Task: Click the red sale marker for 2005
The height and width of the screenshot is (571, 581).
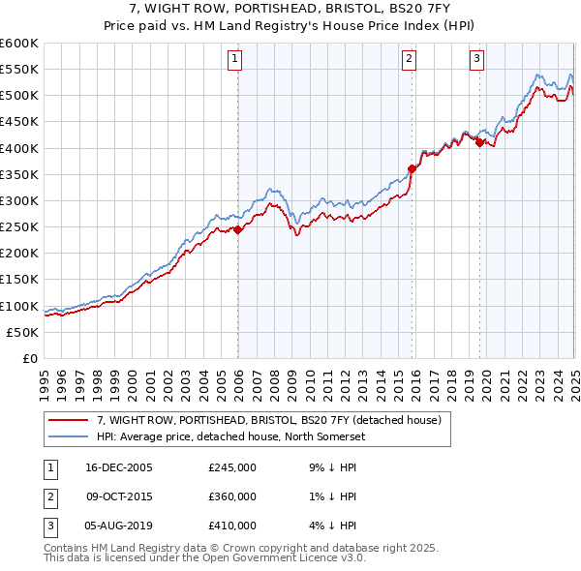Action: click(x=237, y=229)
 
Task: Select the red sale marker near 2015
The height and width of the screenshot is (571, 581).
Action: click(x=412, y=168)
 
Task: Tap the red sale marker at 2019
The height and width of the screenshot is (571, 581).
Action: click(x=479, y=142)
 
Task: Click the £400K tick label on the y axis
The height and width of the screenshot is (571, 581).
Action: click(x=19, y=148)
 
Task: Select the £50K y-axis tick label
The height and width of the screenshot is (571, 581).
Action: click(x=23, y=332)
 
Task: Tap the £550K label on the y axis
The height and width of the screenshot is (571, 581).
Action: click(x=19, y=70)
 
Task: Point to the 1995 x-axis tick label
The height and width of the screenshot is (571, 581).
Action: click(x=45, y=382)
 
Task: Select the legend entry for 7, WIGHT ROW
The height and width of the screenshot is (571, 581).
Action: click(x=269, y=420)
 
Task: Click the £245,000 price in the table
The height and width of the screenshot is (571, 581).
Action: click(x=232, y=467)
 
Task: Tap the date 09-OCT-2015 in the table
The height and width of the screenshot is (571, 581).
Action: click(x=118, y=496)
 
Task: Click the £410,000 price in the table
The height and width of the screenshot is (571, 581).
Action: click(x=232, y=526)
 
